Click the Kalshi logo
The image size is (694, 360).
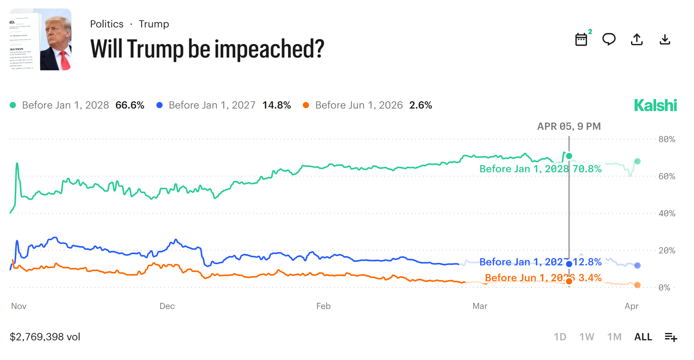click(655, 105)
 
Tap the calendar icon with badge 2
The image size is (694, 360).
click(581, 39)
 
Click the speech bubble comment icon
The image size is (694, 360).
click(609, 39)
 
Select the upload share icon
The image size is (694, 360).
click(637, 39)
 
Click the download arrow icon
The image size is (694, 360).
click(665, 39)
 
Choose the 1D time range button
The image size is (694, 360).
click(560, 337)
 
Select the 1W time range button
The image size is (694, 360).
click(587, 337)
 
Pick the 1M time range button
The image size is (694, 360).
click(614, 337)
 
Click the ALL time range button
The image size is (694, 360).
click(643, 337)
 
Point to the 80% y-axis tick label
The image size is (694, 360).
click(667, 139)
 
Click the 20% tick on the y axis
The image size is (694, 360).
click(667, 251)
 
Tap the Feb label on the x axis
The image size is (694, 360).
click(323, 306)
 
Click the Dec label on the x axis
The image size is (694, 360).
click(167, 306)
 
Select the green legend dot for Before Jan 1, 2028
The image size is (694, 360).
click(13, 105)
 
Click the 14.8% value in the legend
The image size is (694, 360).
click(277, 105)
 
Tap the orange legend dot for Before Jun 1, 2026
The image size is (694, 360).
click(306, 105)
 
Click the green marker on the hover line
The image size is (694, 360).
click(569, 156)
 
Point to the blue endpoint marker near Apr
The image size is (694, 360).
click(638, 265)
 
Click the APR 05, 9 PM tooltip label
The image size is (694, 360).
click(569, 126)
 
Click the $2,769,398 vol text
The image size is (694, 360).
click(45, 337)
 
